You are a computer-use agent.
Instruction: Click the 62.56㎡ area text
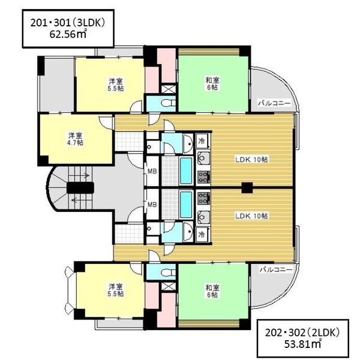click(x=68, y=34)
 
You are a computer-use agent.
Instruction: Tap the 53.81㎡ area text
click(x=302, y=344)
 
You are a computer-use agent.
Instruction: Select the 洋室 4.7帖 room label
click(x=75, y=139)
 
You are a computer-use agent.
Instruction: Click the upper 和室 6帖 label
click(x=212, y=84)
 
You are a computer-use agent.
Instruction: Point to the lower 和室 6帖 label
click(x=212, y=291)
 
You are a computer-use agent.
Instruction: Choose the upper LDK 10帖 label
click(x=251, y=160)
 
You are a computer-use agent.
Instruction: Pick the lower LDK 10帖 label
click(x=251, y=216)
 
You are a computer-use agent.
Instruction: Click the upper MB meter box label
click(x=152, y=171)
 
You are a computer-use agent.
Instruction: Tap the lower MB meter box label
click(x=152, y=204)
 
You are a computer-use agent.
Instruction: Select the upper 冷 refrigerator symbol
click(x=202, y=141)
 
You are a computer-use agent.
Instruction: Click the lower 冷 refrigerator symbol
click(x=202, y=235)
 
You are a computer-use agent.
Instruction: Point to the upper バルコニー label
click(x=274, y=103)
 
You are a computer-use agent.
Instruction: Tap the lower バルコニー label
click(x=276, y=269)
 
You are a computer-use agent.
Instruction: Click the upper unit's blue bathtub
click(x=186, y=171)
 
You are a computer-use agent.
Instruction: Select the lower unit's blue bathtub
click(x=186, y=205)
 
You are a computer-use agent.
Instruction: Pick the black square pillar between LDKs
click(x=247, y=188)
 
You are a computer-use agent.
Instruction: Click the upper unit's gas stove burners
click(x=203, y=177)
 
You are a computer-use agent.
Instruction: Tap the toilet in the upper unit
click(x=168, y=103)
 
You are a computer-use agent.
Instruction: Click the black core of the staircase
click(x=80, y=188)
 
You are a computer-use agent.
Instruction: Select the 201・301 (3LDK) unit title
click(x=68, y=23)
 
